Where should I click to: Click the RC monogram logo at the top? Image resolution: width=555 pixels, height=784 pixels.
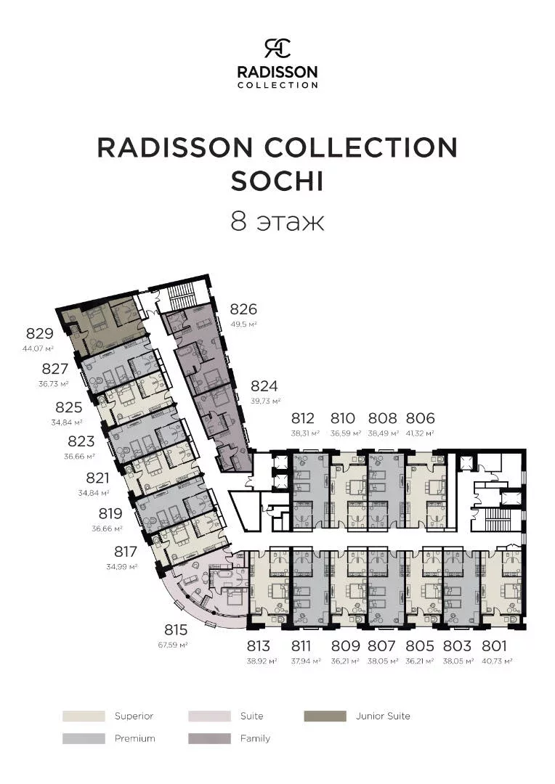(x=277, y=48)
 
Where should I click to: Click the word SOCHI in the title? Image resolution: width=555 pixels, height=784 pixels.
(x=277, y=181)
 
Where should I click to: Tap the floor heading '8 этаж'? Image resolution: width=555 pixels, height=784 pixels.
(x=277, y=221)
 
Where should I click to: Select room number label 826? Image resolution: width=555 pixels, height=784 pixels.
(x=243, y=309)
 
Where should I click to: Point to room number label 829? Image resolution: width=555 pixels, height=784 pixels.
(x=39, y=333)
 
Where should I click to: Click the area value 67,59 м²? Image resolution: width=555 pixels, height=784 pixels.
(x=173, y=645)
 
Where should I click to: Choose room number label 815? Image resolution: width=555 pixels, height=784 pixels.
(x=176, y=629)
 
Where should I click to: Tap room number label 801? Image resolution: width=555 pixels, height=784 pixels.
(x=495, y=645)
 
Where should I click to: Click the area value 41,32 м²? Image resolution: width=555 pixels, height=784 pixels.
(x=419, y=433)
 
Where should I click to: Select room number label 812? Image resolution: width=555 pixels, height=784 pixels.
(x=302, y=418)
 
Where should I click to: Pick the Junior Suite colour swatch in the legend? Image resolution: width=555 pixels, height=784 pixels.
(x=325, y=716)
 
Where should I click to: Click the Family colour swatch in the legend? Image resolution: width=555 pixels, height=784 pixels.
(x=209, y=738)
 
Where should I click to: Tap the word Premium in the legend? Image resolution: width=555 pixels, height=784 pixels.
(x=134, y=738)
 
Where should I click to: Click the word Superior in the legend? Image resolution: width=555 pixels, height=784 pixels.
(x=134, y=716)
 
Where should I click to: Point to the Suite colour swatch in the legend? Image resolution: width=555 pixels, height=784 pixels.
(x=209, y=716)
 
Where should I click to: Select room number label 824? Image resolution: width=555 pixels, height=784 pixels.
(x=264, y=386)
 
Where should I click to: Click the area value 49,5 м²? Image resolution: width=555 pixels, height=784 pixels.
(x=243, y=324)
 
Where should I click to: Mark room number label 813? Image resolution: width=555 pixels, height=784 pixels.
(x=258, y=645)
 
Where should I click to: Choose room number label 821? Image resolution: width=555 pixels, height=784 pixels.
(x=97, y=478)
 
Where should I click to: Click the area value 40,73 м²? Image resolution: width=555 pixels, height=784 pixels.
(x=498, y=661)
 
